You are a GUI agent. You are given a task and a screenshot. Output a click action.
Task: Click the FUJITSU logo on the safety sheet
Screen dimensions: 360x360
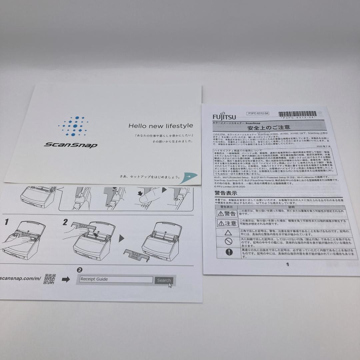click(224, 117)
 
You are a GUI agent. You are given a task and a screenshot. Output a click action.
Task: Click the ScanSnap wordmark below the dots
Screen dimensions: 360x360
click(70, 145)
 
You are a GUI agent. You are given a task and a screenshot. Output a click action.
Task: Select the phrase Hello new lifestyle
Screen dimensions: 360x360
click(161, 126)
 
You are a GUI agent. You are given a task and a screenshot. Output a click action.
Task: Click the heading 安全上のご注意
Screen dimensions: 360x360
click(269, 127)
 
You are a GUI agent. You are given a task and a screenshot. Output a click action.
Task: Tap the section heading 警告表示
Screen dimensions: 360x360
click(226, 193)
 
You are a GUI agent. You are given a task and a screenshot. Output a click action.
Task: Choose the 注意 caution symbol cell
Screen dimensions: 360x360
click(227, 223)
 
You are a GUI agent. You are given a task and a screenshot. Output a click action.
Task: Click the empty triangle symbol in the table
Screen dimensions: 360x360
click(228, 233)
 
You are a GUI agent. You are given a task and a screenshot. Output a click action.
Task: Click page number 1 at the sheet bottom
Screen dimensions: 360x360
click(288, 264)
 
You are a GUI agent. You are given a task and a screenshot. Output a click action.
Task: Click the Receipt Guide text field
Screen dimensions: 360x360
click(116, 279)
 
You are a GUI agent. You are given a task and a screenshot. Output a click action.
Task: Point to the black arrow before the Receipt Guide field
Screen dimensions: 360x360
click(66, 279)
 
